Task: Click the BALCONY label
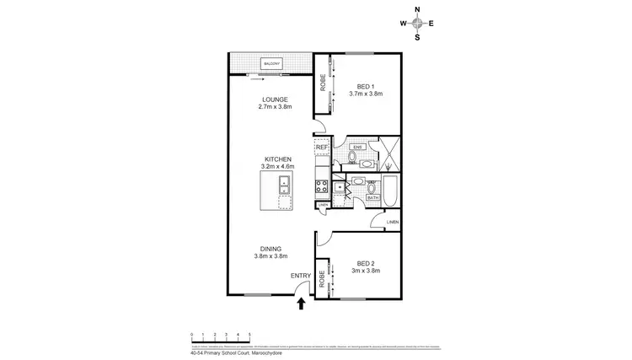271,64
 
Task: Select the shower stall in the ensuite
389,152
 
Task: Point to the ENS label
356,147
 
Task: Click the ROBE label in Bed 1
322,83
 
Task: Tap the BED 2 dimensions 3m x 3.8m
366,271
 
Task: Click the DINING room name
270,249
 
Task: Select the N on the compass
418,10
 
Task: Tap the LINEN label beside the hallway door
392,222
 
